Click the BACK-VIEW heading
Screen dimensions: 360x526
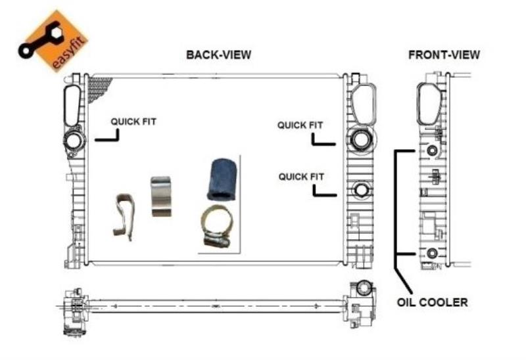(x=218, y=55)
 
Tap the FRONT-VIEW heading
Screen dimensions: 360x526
(x=444, y=55)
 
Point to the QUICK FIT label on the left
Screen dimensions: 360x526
(x=133, y=122)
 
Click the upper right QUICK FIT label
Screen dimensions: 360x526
(x=300, y=125)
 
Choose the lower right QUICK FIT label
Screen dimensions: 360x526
(x=301, y=177)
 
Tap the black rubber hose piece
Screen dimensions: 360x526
(x=221, y=179)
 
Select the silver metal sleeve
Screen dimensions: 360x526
(x=161, y=196)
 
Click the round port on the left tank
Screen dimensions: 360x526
(x=73, y=141)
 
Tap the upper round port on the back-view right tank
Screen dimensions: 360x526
(x=360, y=139)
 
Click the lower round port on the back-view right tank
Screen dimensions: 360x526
(x=361, y=191)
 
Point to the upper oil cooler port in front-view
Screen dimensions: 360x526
(x=432, y=152)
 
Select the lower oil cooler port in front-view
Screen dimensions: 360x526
(x=432, y=254)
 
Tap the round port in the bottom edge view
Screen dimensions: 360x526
(x=364, y=287)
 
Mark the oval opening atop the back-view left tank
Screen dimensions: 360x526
(x=71, y=103)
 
